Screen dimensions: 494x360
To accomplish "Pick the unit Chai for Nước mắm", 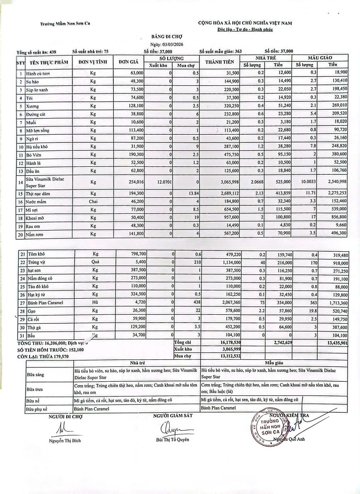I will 93,202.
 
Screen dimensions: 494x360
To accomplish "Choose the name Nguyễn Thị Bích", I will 65,441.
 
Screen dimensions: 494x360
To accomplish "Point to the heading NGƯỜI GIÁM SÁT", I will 173,415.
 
